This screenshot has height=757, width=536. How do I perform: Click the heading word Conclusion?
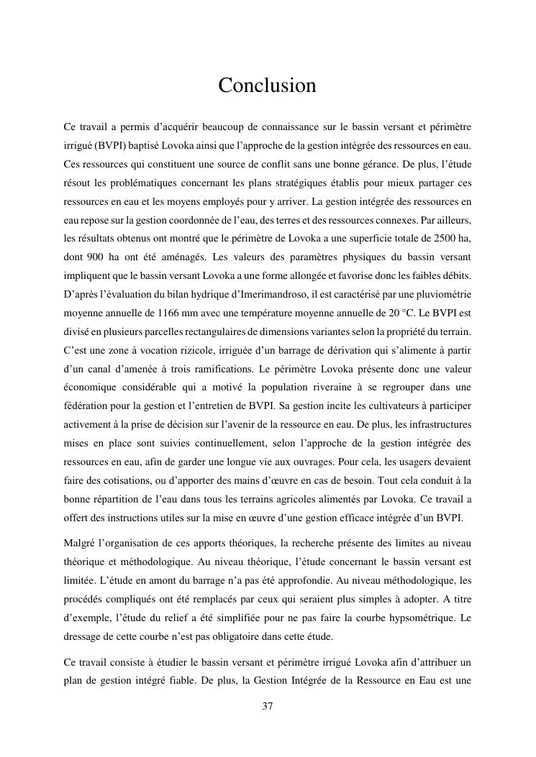click(x=267, y=86)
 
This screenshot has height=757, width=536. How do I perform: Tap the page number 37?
click(x=268, y=707)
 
